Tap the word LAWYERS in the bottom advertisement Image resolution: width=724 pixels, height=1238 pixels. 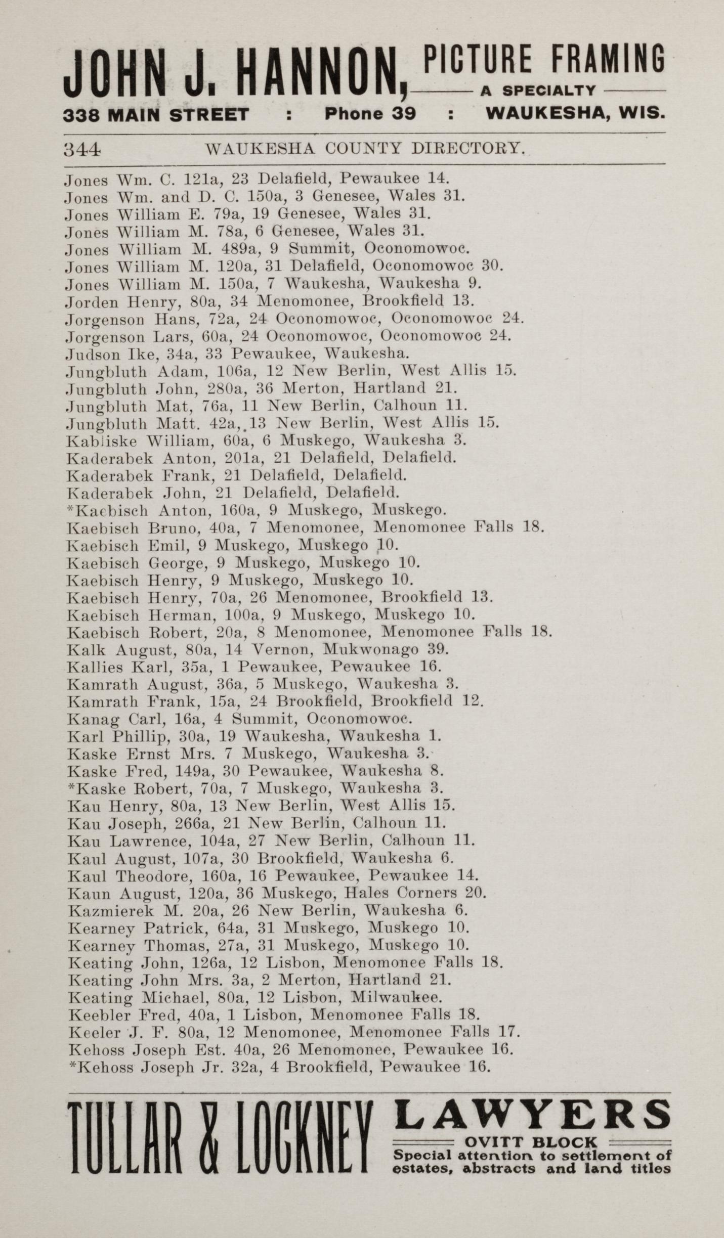(531, 1114)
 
